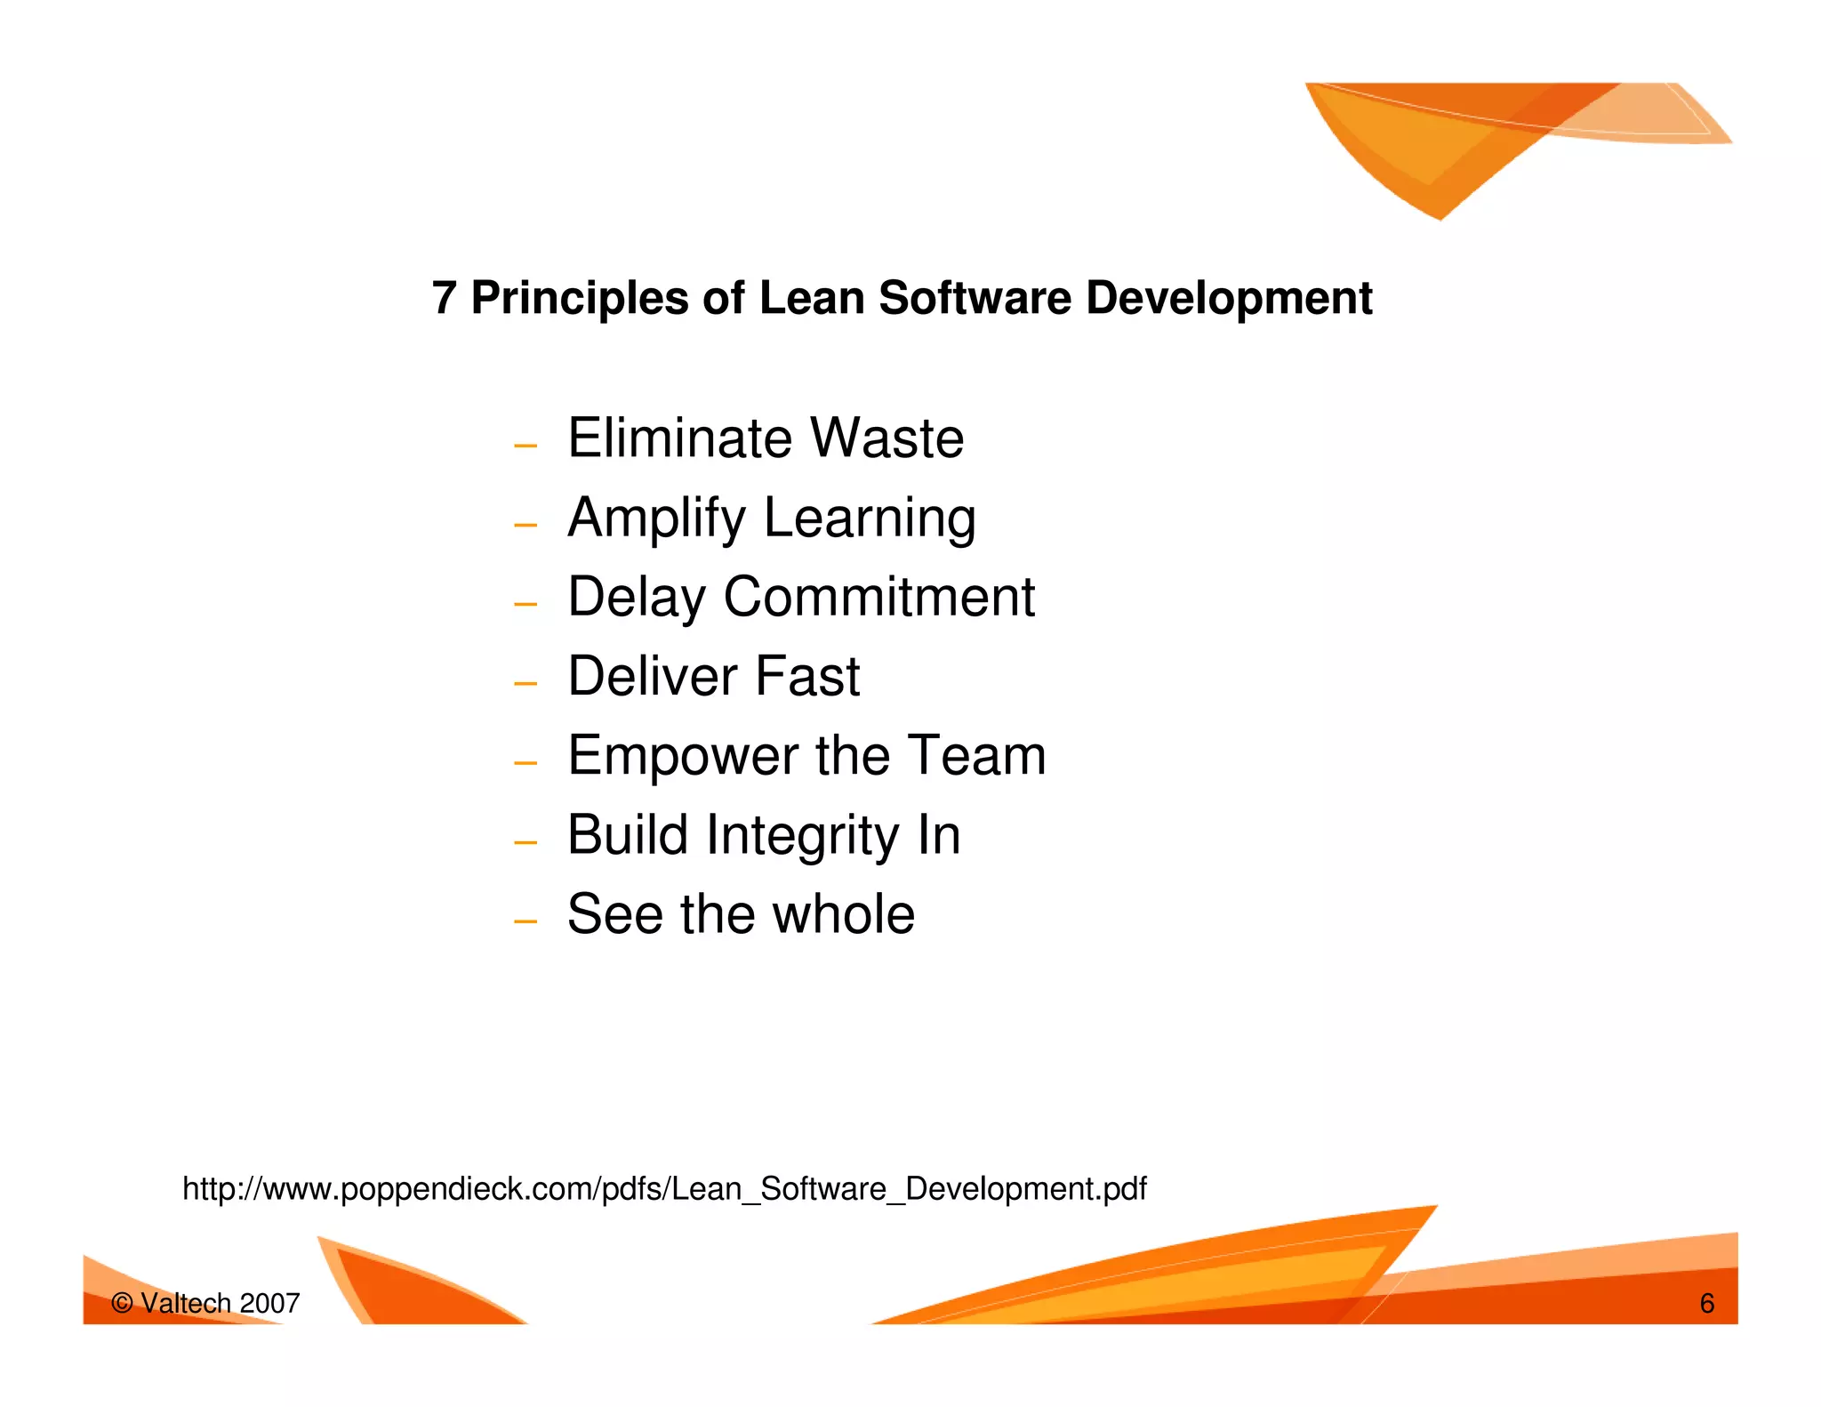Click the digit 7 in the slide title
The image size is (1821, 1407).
(x=444, y=298)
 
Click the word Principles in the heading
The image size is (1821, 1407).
(x=579, y=298)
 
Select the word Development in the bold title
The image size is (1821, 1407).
(x=1229, y=298)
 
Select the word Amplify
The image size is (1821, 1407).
(x=657, y=519)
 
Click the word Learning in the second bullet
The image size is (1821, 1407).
(x=870, y=519)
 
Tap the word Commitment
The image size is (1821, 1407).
(x=878, y=597)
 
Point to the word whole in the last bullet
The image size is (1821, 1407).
(x=843, y=914)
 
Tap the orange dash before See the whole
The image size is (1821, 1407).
(x=525, y=921)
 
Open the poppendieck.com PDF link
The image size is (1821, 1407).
(x=664, y=1189)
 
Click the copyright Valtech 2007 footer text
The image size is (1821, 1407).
(x=205, y=1303)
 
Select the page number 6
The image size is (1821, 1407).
(x=1706, y=1303)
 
